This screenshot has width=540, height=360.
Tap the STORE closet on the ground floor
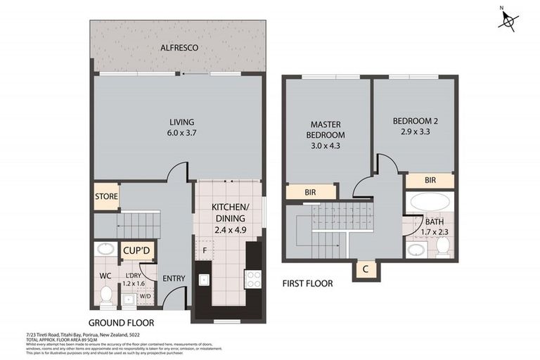(106, 197)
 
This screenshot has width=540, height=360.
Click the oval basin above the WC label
(105, 249)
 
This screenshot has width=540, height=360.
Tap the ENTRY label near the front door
(174, 278)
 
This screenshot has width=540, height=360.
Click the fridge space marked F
(205, 249)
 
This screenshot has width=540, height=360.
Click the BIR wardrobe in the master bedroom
(309, 191)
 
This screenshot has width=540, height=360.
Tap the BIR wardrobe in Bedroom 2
(430, 181)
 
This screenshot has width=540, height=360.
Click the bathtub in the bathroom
(430, 203)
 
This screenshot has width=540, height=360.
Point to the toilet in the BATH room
(443, 247)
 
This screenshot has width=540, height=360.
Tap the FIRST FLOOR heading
(307, 283)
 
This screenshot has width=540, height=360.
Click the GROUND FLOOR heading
(123, 323)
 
